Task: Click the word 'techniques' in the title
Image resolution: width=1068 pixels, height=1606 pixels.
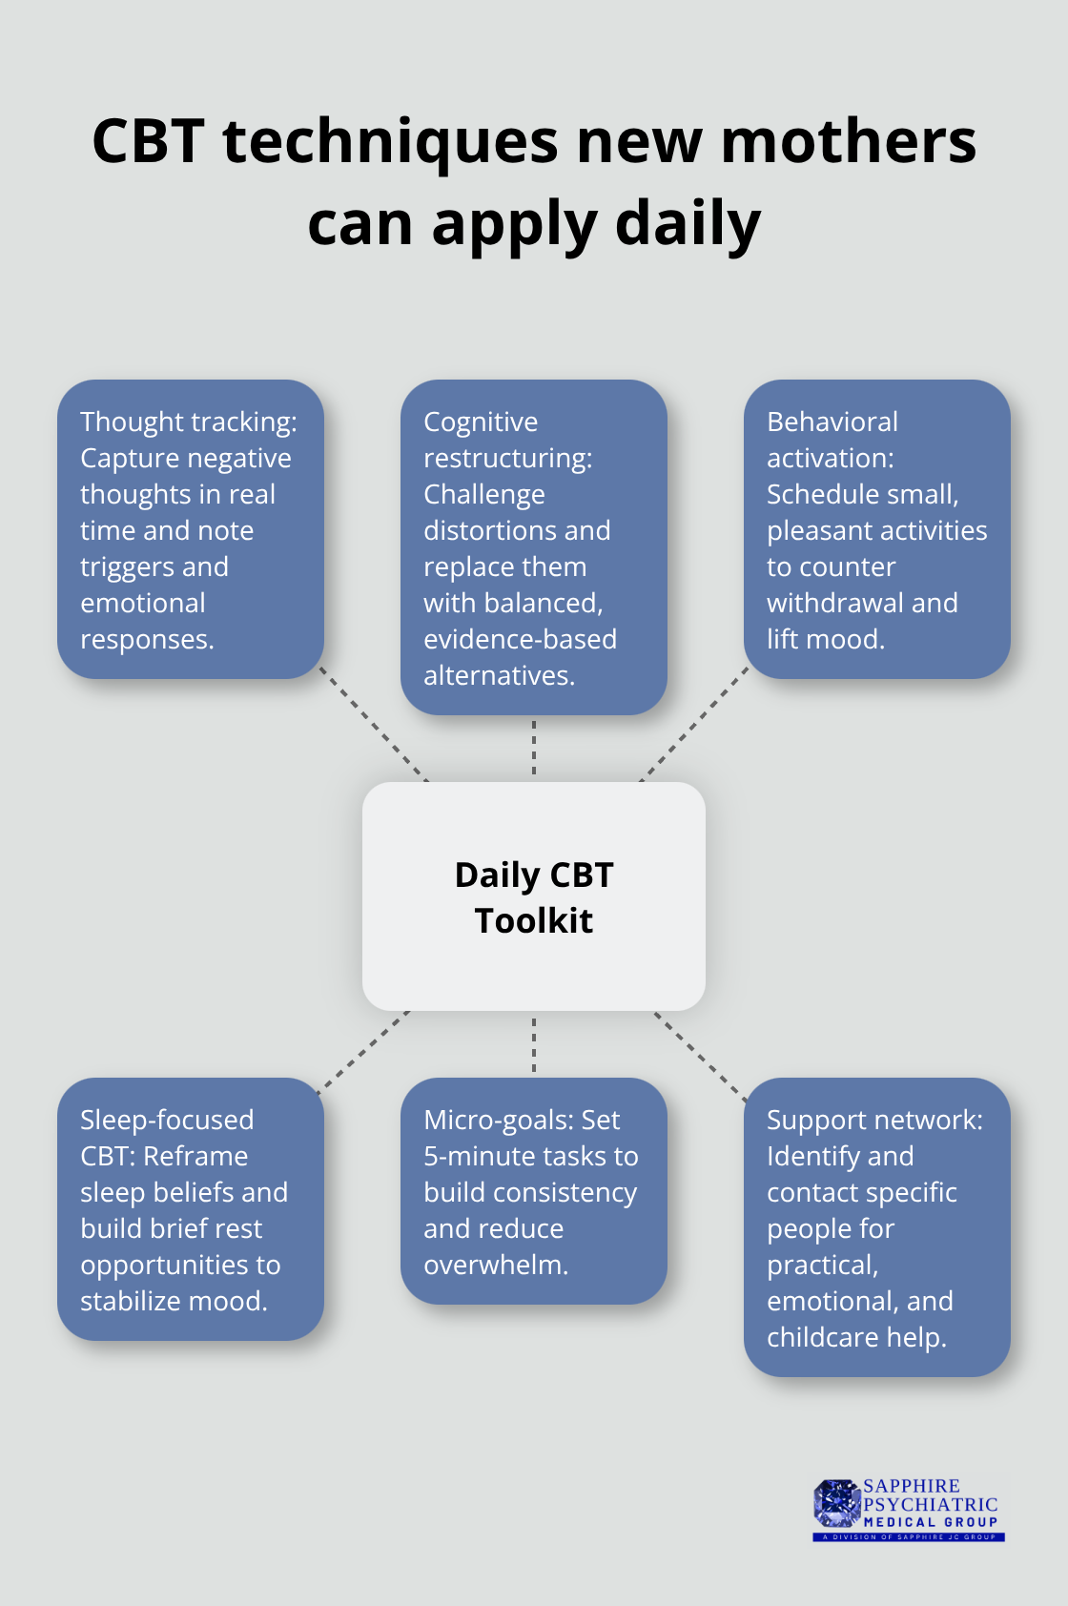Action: click(x=390, y=142)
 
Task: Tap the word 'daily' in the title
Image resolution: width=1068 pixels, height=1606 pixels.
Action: click(x=688, y=224)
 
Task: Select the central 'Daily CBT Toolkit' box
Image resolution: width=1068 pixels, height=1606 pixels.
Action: click(x=533, y=896)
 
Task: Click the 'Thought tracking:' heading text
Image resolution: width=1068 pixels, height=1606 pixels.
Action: click(x=189, y=422)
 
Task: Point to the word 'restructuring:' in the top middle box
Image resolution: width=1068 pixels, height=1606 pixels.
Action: click(x=508, y=458)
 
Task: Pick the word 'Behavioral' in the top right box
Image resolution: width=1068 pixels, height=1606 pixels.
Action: click(x=832, y=422)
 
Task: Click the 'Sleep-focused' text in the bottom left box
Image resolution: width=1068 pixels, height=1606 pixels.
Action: click(x=167, y=1120)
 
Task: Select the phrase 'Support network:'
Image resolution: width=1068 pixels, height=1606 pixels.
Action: click(x=874, y=1121)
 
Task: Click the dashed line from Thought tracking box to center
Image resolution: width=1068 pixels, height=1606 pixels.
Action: click(x=374, y=724)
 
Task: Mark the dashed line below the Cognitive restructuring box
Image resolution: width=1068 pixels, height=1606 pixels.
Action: click(x=534, y=748)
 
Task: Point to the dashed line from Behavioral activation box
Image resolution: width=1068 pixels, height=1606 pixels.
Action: click(x=694, y=724)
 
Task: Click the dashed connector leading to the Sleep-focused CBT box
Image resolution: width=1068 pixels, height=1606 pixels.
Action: click(x=363, y=1053)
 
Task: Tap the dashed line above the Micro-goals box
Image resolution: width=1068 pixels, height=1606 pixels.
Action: click(x=534, y=1044)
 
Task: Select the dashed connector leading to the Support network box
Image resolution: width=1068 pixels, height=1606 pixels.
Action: click(x=701, y=1056)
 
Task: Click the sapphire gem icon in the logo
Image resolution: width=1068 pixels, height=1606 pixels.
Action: click(x=836, y=1503)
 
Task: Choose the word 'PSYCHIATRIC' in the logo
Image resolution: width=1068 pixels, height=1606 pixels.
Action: click(x=931, y=1503)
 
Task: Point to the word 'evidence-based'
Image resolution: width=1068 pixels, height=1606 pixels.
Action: click(x=521, y=640)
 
